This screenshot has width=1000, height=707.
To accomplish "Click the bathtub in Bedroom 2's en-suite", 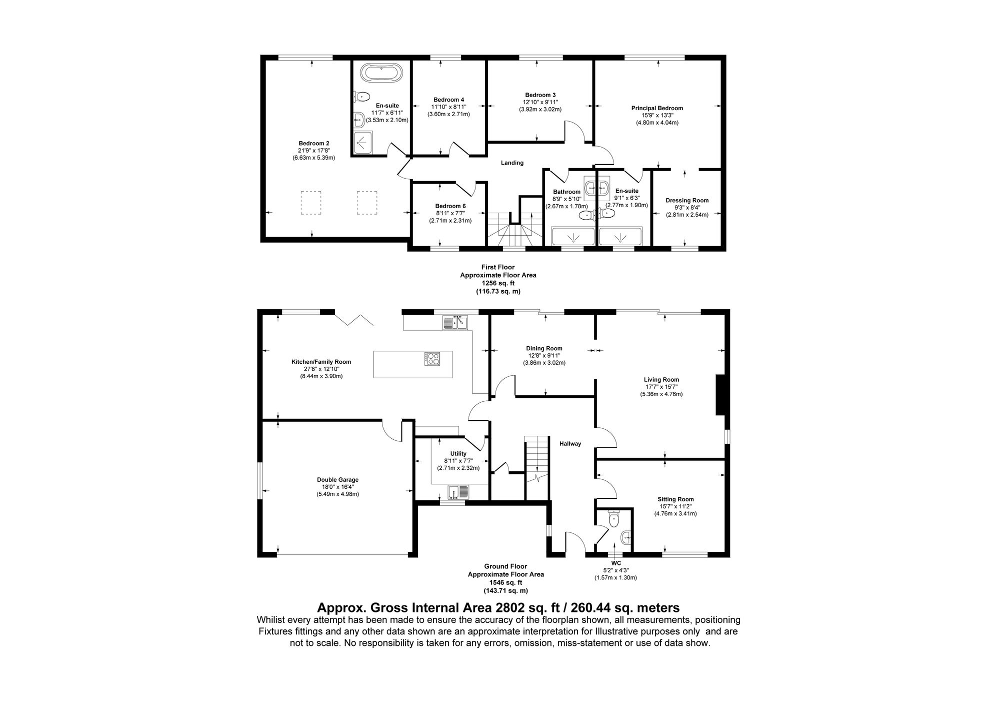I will point(381,73).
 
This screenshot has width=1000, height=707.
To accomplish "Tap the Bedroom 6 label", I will point(450,206).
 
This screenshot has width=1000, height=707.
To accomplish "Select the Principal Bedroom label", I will point(657,108).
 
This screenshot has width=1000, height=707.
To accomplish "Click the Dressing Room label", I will point(687,201).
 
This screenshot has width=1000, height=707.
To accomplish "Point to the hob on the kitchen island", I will point(432,358).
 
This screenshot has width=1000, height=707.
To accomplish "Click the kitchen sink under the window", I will point(455,323).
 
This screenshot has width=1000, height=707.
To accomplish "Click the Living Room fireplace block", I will point(720,395).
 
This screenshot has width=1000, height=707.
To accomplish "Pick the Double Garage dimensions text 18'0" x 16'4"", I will point(337,487).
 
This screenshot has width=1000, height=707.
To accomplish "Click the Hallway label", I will point(570,444).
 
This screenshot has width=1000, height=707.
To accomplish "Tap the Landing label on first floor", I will point(512,163).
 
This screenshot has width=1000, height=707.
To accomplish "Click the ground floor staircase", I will point(536,460).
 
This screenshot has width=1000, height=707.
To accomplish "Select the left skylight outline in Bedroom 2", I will point(310,203).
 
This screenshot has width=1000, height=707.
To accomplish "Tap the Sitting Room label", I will point(675,499).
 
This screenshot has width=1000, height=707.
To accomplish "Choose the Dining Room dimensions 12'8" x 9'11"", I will point(544,356).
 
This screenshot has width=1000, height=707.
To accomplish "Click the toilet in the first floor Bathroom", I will point(585,215).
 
